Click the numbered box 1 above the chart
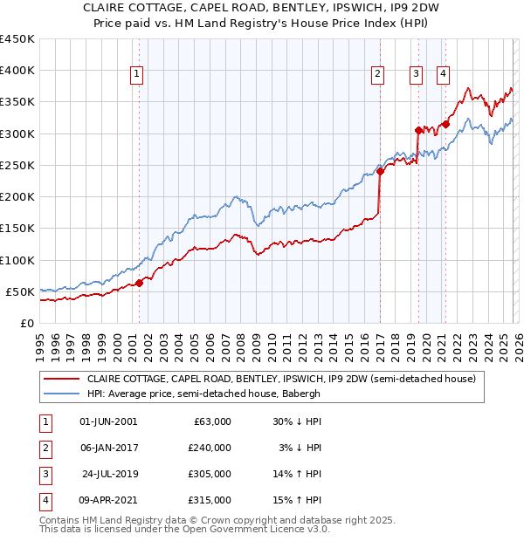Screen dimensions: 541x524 point(138,75)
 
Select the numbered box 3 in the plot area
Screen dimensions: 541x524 point(417,75)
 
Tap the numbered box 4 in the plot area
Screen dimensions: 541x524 point(444,75)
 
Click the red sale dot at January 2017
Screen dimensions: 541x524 point(380,171)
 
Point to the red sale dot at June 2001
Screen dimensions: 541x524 point(139,283)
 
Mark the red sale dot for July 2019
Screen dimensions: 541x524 point(419,130)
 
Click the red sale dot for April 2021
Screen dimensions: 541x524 point(445,124)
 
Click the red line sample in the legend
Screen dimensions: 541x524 point(61,380)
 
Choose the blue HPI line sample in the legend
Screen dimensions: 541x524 point(61,394)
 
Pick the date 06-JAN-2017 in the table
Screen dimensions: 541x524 point(108,448)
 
